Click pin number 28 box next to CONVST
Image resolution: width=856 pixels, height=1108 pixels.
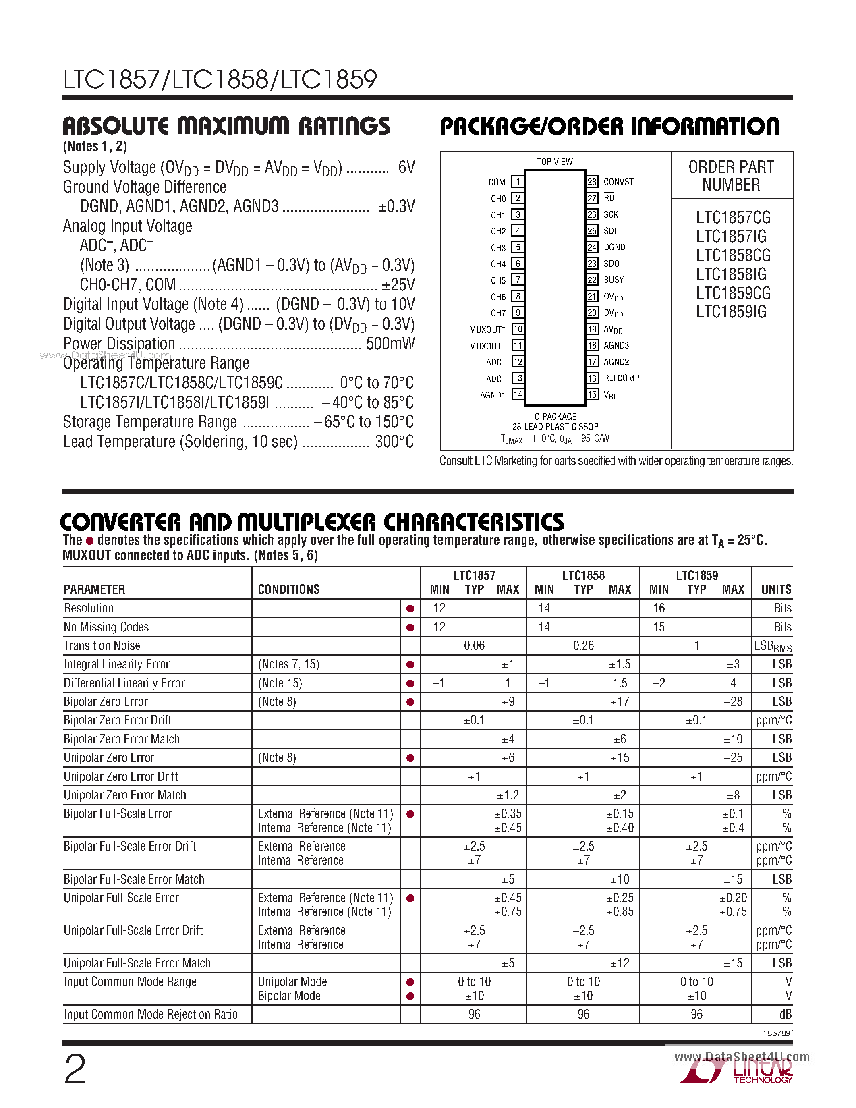pos(592,182)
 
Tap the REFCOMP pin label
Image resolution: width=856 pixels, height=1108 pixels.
pos(621,378)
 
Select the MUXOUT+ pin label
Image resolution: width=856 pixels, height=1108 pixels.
pos(487,330)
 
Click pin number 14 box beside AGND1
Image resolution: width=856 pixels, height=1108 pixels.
pos(517,395)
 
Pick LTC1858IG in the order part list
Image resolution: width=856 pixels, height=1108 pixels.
pos(731,274)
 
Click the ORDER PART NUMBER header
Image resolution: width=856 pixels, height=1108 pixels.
pos(731,176)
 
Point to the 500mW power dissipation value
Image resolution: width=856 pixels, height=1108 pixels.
pos(390,343)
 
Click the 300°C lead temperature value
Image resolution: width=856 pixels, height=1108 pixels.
pos(394,441)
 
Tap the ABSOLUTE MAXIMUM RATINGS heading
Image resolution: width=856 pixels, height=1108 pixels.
pos(226,126)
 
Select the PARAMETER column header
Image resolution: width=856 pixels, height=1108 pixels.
pos(94,589)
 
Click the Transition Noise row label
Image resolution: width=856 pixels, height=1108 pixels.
pos(102,645)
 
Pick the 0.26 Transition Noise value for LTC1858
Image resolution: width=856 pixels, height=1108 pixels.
pos(583,645)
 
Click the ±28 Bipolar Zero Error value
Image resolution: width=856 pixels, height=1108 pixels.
pos(733,701)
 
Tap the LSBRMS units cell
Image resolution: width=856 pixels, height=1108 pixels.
pos(772,646)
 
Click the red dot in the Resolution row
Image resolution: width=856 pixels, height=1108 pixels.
pos(410,608)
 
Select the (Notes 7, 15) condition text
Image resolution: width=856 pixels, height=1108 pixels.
pos(288,664)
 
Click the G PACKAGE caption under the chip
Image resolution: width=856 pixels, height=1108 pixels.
pos(555,417)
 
